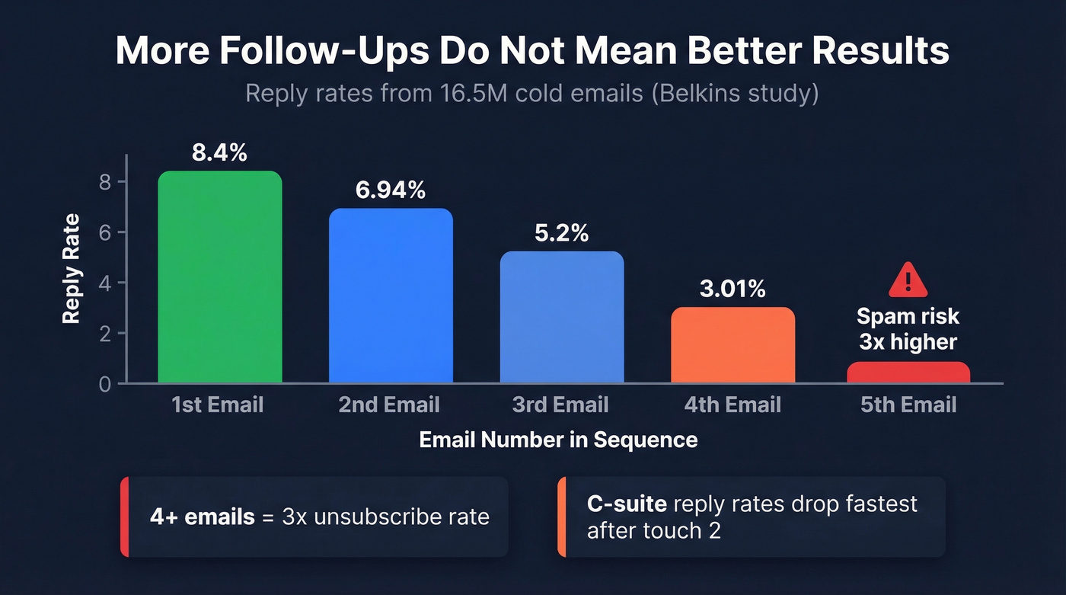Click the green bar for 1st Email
[219, 277]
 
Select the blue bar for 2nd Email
[391, 296]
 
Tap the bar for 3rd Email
[562, 317]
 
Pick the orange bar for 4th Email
[732, 345]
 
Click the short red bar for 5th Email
[908, 373]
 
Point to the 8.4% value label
[219, 152]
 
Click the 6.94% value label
[391, 190]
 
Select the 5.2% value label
[562, 233]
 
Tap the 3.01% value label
[732, 289]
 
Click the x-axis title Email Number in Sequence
[558, 440]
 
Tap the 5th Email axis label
[908, 405]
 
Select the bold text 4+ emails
[203, 517]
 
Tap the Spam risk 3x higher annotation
[908, 329]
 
